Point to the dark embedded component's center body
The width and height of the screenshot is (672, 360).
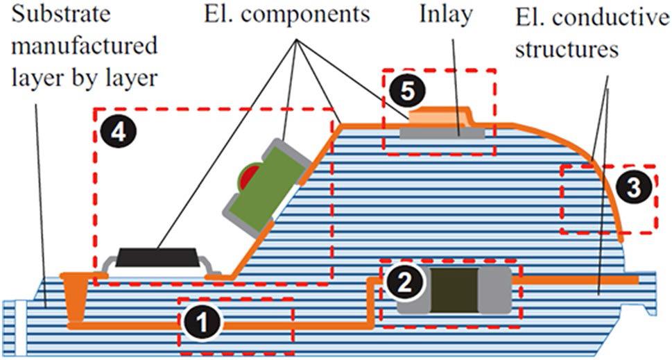(454, 289)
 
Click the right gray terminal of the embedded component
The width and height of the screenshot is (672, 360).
(497, 289)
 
